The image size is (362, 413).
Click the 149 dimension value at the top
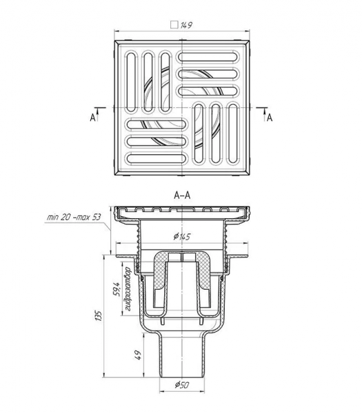[x=186, y=25]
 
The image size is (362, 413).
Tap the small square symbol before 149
[x=174, y=25]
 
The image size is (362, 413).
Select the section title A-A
[x=182, y=195]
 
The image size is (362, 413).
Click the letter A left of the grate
[x=92, y=118]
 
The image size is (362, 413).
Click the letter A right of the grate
[x=270, y=118]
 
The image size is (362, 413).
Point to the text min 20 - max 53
[x=74, y=218]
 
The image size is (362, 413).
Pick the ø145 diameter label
[x=182, y=237]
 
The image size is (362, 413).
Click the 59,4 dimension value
[x=117, y=289]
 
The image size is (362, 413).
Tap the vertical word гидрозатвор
[x=128, y=289]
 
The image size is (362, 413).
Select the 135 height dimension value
[x=98, y=315]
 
